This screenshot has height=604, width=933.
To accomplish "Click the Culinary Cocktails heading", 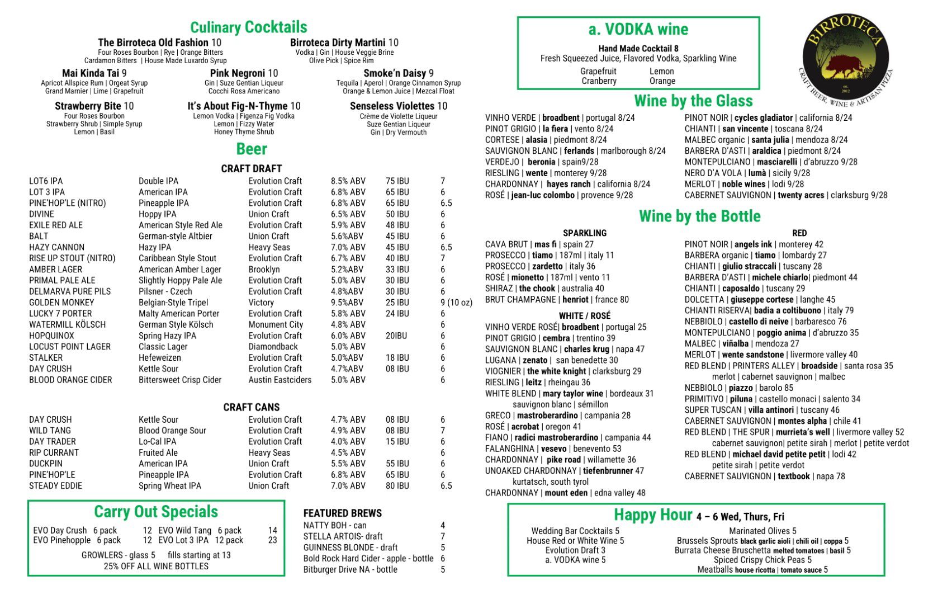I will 248,27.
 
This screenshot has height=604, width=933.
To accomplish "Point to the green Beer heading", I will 252,149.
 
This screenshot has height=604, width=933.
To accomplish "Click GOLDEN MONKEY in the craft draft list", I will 61,303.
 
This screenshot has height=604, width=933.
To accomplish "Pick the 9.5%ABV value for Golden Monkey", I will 347,303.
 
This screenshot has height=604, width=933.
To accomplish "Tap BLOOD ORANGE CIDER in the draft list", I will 70,380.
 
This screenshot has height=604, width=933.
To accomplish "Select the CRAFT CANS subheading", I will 252,407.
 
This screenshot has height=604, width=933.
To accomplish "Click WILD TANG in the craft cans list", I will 50,431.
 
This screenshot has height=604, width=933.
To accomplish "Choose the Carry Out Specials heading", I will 156,512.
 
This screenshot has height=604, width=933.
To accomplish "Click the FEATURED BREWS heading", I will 342,513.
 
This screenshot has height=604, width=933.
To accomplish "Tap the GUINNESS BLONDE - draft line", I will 351,548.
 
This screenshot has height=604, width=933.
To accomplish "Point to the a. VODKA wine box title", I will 638,29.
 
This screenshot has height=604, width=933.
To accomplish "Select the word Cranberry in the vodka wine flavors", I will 598,81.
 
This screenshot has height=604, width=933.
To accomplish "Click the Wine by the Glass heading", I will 693,101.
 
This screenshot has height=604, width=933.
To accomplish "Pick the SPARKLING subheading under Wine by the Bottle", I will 584,233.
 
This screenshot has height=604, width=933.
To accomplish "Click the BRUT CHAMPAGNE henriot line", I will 556,300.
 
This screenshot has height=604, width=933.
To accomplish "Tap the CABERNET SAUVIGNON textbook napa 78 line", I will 764,476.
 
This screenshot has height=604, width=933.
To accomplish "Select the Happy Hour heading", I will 652,515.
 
